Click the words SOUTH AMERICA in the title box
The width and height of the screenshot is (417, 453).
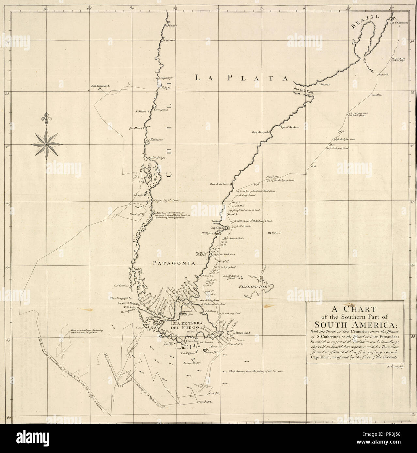point(355,325)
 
